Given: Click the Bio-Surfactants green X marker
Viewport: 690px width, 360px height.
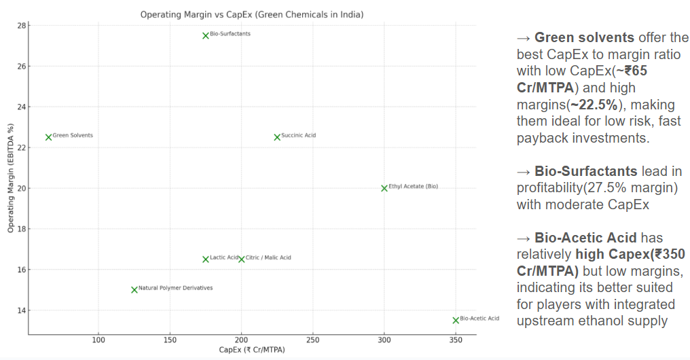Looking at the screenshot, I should pos(206,35).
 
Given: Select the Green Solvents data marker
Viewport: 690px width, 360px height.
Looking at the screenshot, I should pos(48,137).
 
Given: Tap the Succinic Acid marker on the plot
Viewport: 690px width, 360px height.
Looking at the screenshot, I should pos(277,137).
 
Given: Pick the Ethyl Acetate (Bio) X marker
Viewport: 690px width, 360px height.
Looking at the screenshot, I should pos(384,187).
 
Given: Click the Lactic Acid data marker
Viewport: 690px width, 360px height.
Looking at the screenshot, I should pos(206,259).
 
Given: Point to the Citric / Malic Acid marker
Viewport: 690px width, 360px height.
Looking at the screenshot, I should pos(241,259).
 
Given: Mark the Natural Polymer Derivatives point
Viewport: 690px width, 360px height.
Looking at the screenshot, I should pos(134,289).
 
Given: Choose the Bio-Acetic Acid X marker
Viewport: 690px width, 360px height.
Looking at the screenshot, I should pos(456,320).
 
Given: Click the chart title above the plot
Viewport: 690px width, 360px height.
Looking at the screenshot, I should pos(251,14).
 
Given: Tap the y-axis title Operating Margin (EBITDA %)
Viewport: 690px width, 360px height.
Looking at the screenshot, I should pos(11,179).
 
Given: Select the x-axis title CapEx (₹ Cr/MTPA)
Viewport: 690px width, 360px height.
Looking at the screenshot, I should pos(251,350).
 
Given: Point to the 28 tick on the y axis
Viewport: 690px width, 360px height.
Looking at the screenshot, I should pos(21,26).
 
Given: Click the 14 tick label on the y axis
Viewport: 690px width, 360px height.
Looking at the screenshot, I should pos(21,310).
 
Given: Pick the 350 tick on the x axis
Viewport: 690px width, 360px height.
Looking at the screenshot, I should pos(456,339).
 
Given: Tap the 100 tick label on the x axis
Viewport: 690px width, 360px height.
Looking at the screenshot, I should pos(98,339).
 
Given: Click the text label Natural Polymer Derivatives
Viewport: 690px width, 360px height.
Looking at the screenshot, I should pos(175,288).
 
